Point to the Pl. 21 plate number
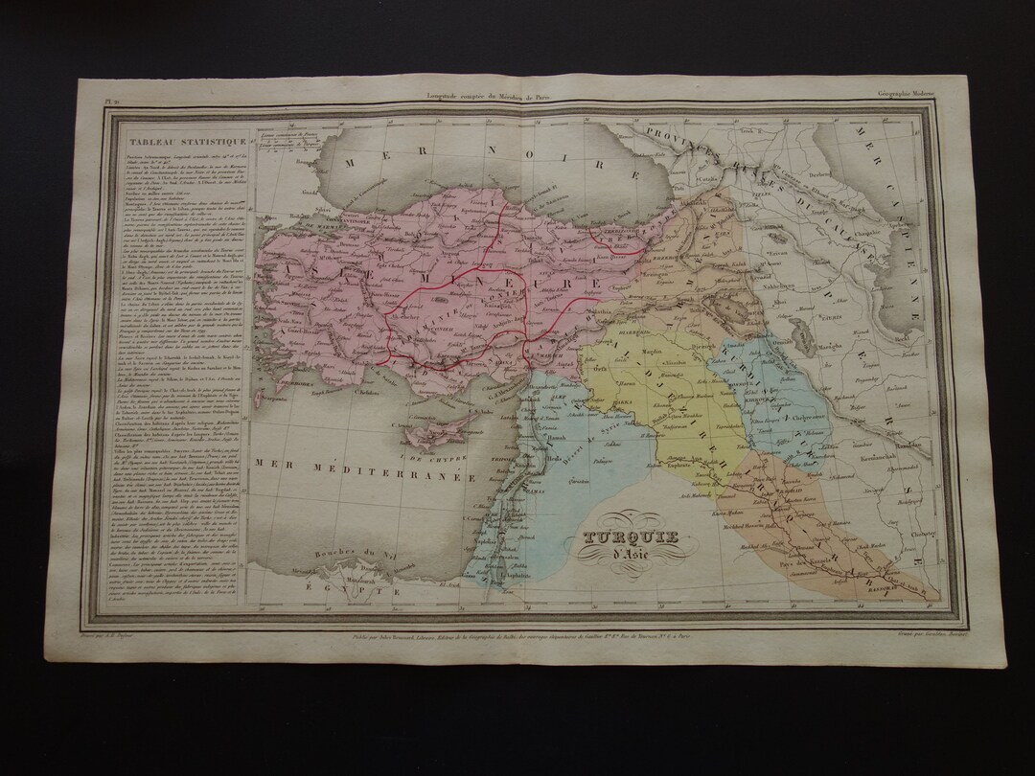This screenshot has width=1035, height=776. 111,94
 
